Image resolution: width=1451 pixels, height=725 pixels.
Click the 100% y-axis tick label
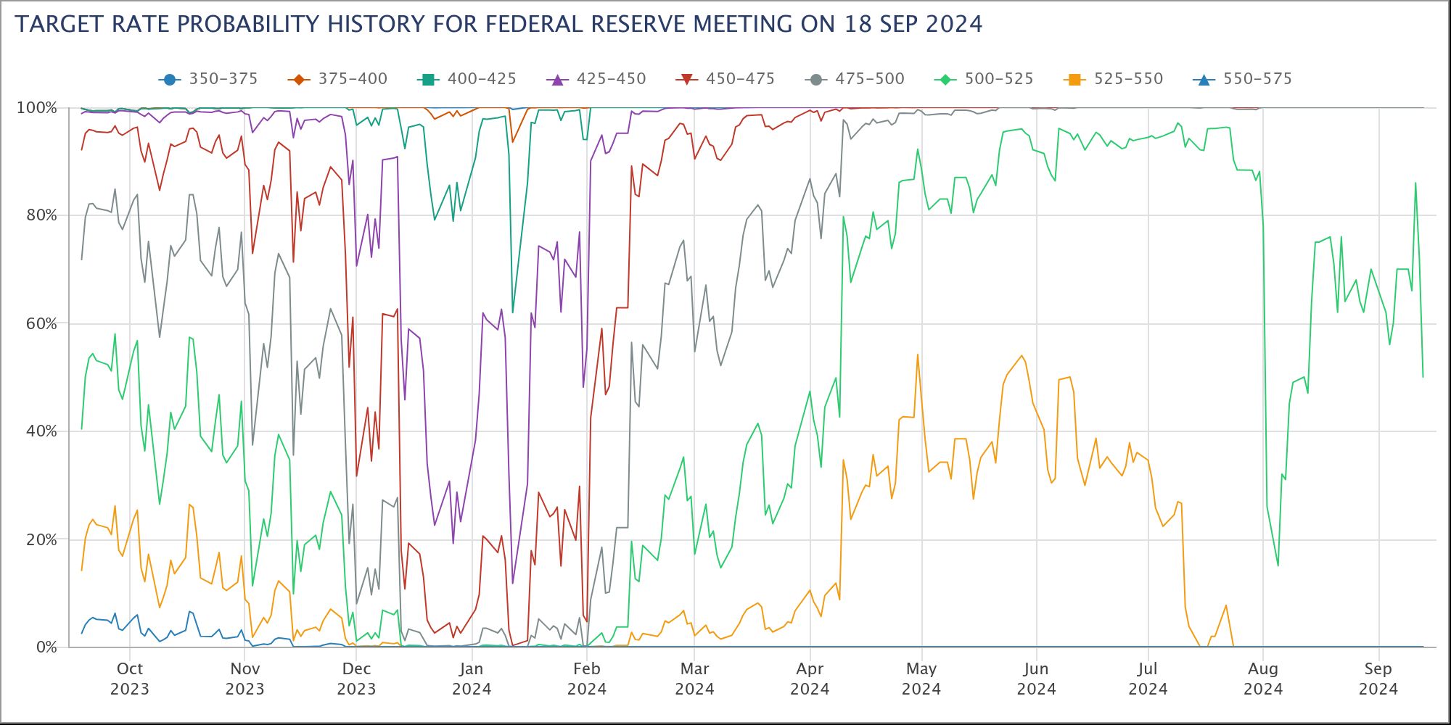pyautogui.click(x=36, y=108)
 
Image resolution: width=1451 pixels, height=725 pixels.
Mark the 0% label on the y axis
pyautogui.click(x=46, y=647)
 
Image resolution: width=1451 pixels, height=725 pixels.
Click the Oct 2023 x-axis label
pyautogui.click(x=130, y=679)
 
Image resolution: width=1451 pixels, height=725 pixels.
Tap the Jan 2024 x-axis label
pyautogui.click(x=472, y=679)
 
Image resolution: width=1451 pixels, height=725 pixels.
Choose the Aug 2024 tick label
pyautogui.click(x=1263, y=679)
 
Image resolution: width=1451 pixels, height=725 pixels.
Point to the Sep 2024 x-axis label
pyautogui.click(x=1378, y=679)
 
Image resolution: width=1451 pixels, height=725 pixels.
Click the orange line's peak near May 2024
pyautogui.click(x=918, y=355)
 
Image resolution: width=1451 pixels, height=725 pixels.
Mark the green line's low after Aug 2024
pyautogui.click(x=1278, y=565)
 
